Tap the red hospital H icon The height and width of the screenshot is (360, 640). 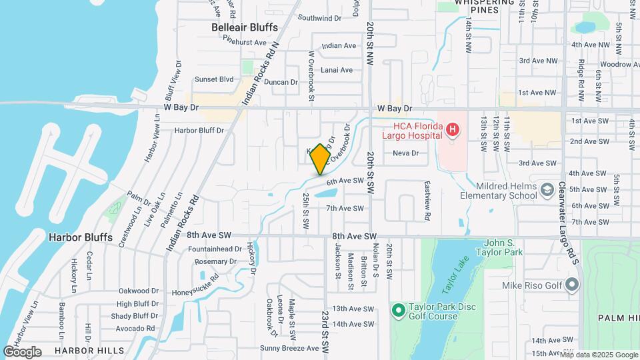click(453, 129)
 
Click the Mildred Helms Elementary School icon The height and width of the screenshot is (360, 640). click(547, 190)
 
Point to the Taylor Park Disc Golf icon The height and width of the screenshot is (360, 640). click(399, 311)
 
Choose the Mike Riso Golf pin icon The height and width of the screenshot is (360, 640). click(571, 285)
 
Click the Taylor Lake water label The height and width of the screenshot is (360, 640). click(456, 280)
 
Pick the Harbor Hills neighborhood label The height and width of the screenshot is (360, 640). click(89, 350)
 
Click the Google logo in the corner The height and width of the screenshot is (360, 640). click(23, 351)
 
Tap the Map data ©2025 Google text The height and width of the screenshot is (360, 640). click(599, 355)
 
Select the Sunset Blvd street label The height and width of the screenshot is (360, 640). click(214, 79)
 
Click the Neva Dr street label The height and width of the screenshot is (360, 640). click(405, 153)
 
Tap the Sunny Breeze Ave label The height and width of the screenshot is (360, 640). click(289, 348)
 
